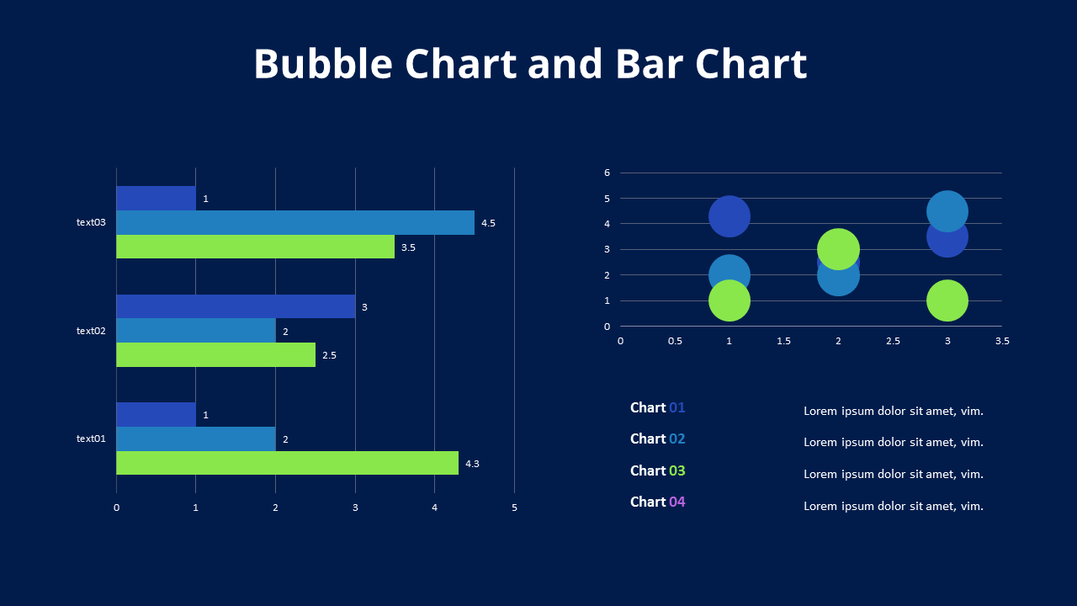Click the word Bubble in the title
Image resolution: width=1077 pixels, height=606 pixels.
pyautogui.click(x=322, y=65)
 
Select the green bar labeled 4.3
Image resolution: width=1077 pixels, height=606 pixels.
pyautogui.click(x=287, y=463)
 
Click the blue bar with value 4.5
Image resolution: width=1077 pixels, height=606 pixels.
pyautogui.click(x=294, y=223)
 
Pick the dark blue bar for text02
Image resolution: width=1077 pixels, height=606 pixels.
pyautogui.click(x=236, y=306)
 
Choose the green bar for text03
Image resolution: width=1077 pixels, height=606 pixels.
pyautogui.click(x=255, y=247)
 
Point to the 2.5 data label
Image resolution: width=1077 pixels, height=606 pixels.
pyautogui.click(x=329, y=355)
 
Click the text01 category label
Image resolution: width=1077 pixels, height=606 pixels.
pyautogui.click(x=91, y=439)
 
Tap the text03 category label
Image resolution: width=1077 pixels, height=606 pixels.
pyautogui.click(x=91, y=223)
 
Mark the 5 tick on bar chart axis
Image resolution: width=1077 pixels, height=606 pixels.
pyautogui.click(x=514, y=508)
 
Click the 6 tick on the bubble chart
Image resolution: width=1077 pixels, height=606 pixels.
pyautogui.click(x=607, y=173)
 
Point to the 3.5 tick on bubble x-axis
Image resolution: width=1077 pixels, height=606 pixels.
pyautogui.click(x=1001, y=341)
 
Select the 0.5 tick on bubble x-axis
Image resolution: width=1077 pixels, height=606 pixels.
pyautogui.click(x=675, y=341)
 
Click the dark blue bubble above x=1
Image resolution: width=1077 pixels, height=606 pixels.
pyautogui.click(x=729, y=216)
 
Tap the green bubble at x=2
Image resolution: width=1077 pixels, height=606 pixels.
pyautogui.click(x=838, y=249)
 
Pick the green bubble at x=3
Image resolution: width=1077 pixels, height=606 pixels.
pyautogui.click(x=947, y=300)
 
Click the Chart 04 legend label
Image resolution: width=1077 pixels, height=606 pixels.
pyautogui.click(x=657, y=502)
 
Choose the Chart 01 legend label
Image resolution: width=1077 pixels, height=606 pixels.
pyautogui.click(x=657, y=407)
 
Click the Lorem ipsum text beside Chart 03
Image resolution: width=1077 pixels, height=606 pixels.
pyautogui.click(x=893, y=474)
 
